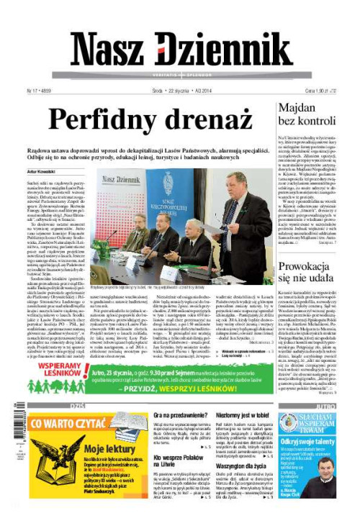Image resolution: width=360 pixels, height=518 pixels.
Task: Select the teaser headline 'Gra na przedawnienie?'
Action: [x=177, y=415]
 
